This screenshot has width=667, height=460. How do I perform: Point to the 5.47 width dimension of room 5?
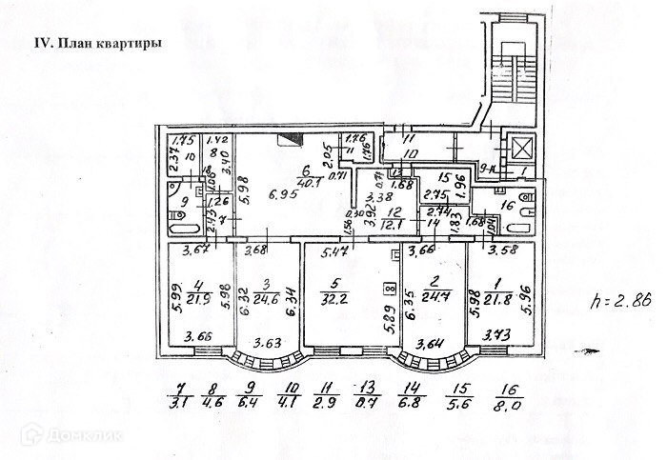pos(333,253)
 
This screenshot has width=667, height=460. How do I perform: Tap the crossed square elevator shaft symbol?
pos(521,148)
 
